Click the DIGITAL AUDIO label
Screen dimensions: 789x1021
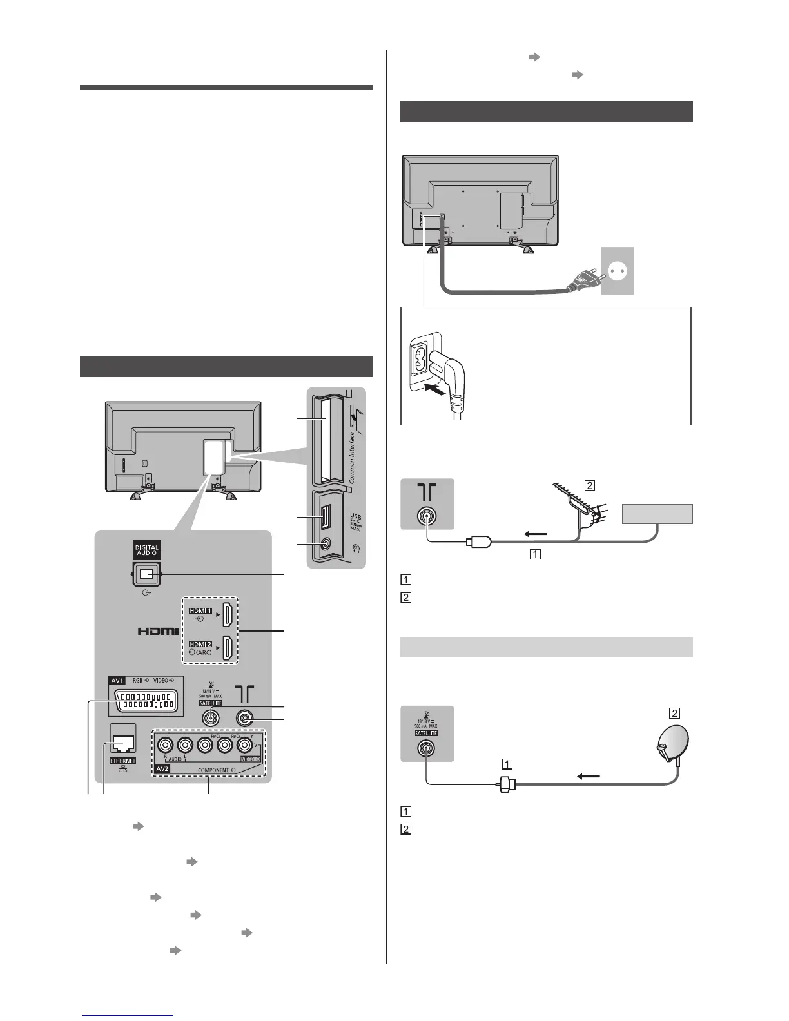pos(146,550)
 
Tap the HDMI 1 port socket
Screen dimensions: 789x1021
pos(228,615)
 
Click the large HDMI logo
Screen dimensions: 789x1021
pos(158,631)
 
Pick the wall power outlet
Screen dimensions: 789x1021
pos(617,271)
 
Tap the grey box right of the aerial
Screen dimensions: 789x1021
pos(657,514)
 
